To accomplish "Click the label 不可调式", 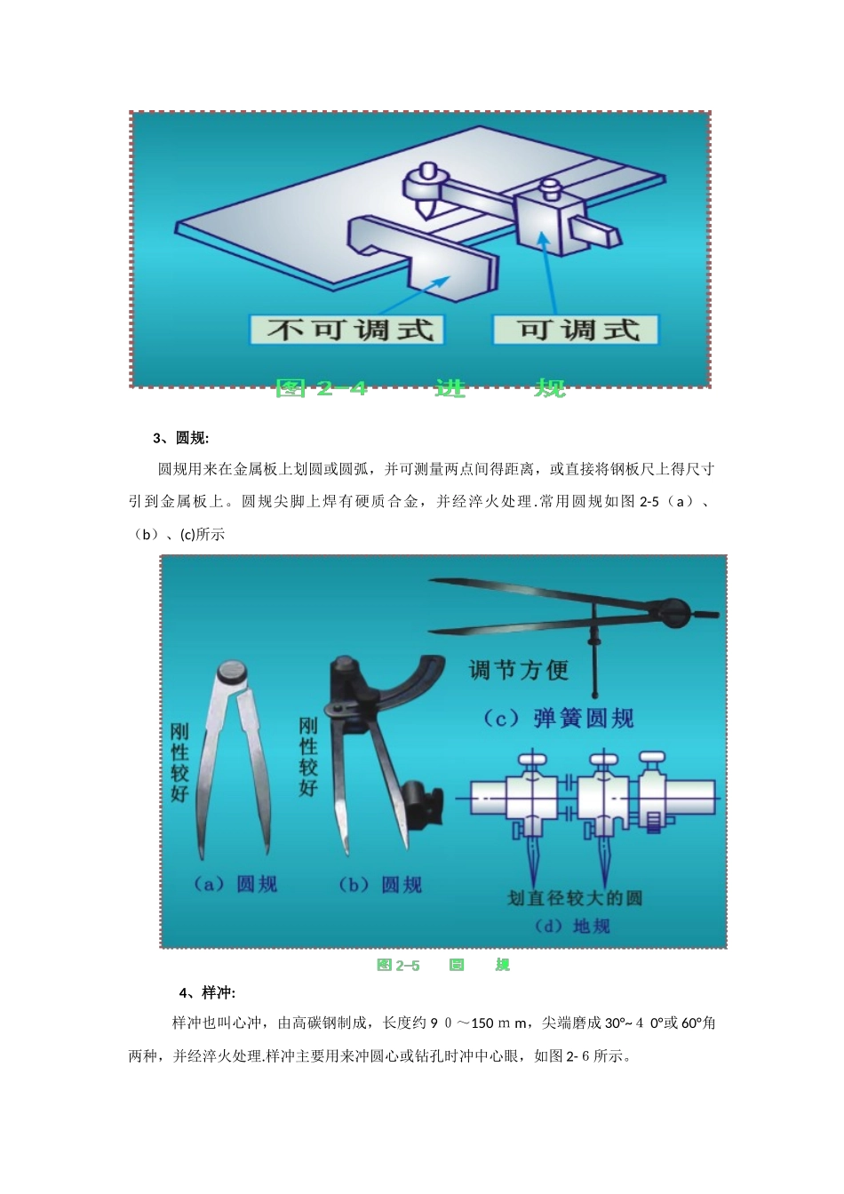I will (x=348, y=330).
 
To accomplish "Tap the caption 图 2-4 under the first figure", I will (x=322, y=388).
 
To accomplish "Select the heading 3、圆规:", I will (x=180, y=438).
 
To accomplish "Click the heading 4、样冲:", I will (x=207, y=992).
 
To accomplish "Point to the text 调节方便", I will (x=518, y=671).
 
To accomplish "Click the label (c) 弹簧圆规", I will (x=559, y=719).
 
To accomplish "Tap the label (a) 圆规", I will (x=235, y=884).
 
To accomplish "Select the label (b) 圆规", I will (x=380, y=885).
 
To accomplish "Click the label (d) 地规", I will (x=572, y=926).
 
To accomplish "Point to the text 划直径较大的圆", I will (x=574, y=898).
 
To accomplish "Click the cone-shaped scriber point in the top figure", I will (x=427, y=210).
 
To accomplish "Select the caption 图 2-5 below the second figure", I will (x=398, y=965).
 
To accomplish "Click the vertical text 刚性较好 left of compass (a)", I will (x=179, y=762).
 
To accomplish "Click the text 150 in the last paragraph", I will (x=482, y=1023).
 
